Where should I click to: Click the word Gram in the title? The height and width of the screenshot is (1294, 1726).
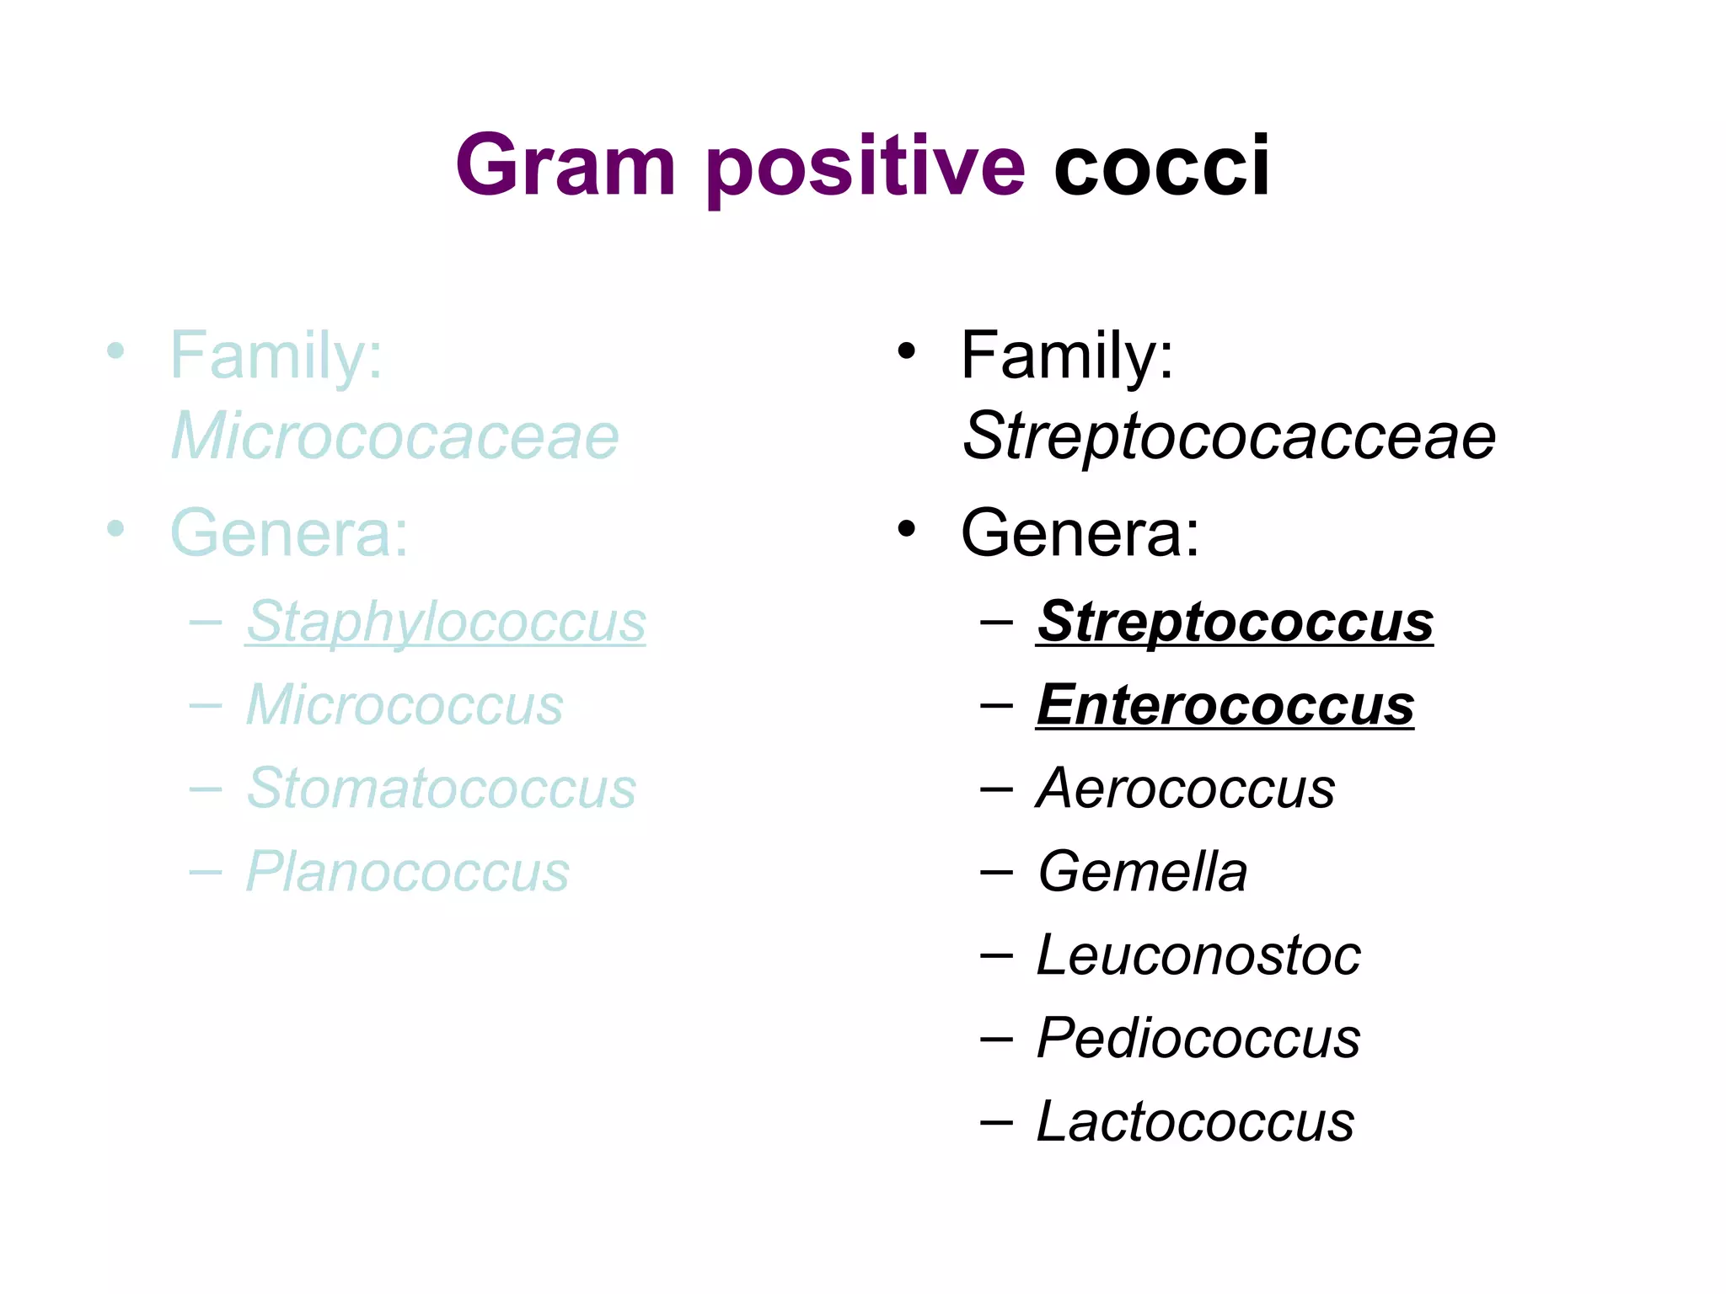566,166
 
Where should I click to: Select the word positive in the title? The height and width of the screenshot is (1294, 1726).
866,166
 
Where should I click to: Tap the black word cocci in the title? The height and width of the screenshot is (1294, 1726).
1161,166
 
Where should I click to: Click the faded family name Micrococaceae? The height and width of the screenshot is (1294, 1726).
394,436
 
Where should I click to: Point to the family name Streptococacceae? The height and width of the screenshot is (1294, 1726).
1229,436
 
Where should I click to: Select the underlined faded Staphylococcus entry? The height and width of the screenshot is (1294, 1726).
446,622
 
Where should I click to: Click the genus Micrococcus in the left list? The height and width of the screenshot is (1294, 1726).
405,704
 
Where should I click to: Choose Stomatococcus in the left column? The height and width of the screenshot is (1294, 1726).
441,788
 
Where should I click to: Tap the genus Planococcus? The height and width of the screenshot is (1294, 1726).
407,871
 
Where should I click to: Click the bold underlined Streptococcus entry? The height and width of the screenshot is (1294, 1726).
1235,622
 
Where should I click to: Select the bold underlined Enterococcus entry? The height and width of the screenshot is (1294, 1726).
1225,704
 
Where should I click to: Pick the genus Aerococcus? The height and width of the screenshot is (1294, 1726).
1186,788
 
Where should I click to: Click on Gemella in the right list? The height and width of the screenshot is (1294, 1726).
1142,871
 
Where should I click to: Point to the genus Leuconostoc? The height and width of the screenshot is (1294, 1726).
1198,954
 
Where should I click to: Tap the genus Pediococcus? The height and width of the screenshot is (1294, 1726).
1198,1037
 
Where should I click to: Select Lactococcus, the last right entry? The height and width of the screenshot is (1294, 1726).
1195,1121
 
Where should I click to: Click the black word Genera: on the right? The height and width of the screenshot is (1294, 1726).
1080,532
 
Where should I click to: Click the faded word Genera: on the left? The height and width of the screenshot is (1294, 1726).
289,532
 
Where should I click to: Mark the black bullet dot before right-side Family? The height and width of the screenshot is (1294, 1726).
906,351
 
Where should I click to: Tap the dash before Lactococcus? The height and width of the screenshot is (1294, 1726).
996,1122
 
